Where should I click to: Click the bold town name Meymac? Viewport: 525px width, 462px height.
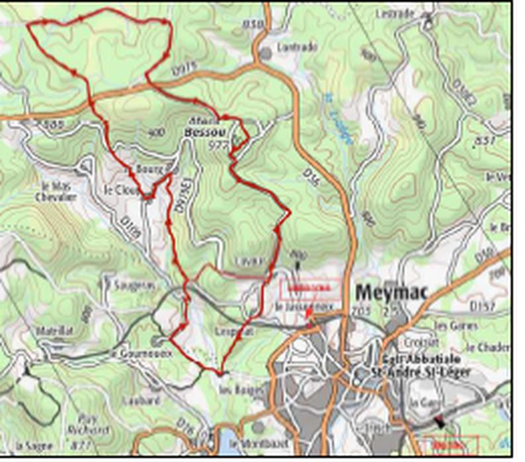(391, 292)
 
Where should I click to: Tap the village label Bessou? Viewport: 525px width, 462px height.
(204, 132)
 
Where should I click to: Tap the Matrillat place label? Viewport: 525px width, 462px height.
(56, 329)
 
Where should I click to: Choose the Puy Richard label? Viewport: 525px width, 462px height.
(92, 422)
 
